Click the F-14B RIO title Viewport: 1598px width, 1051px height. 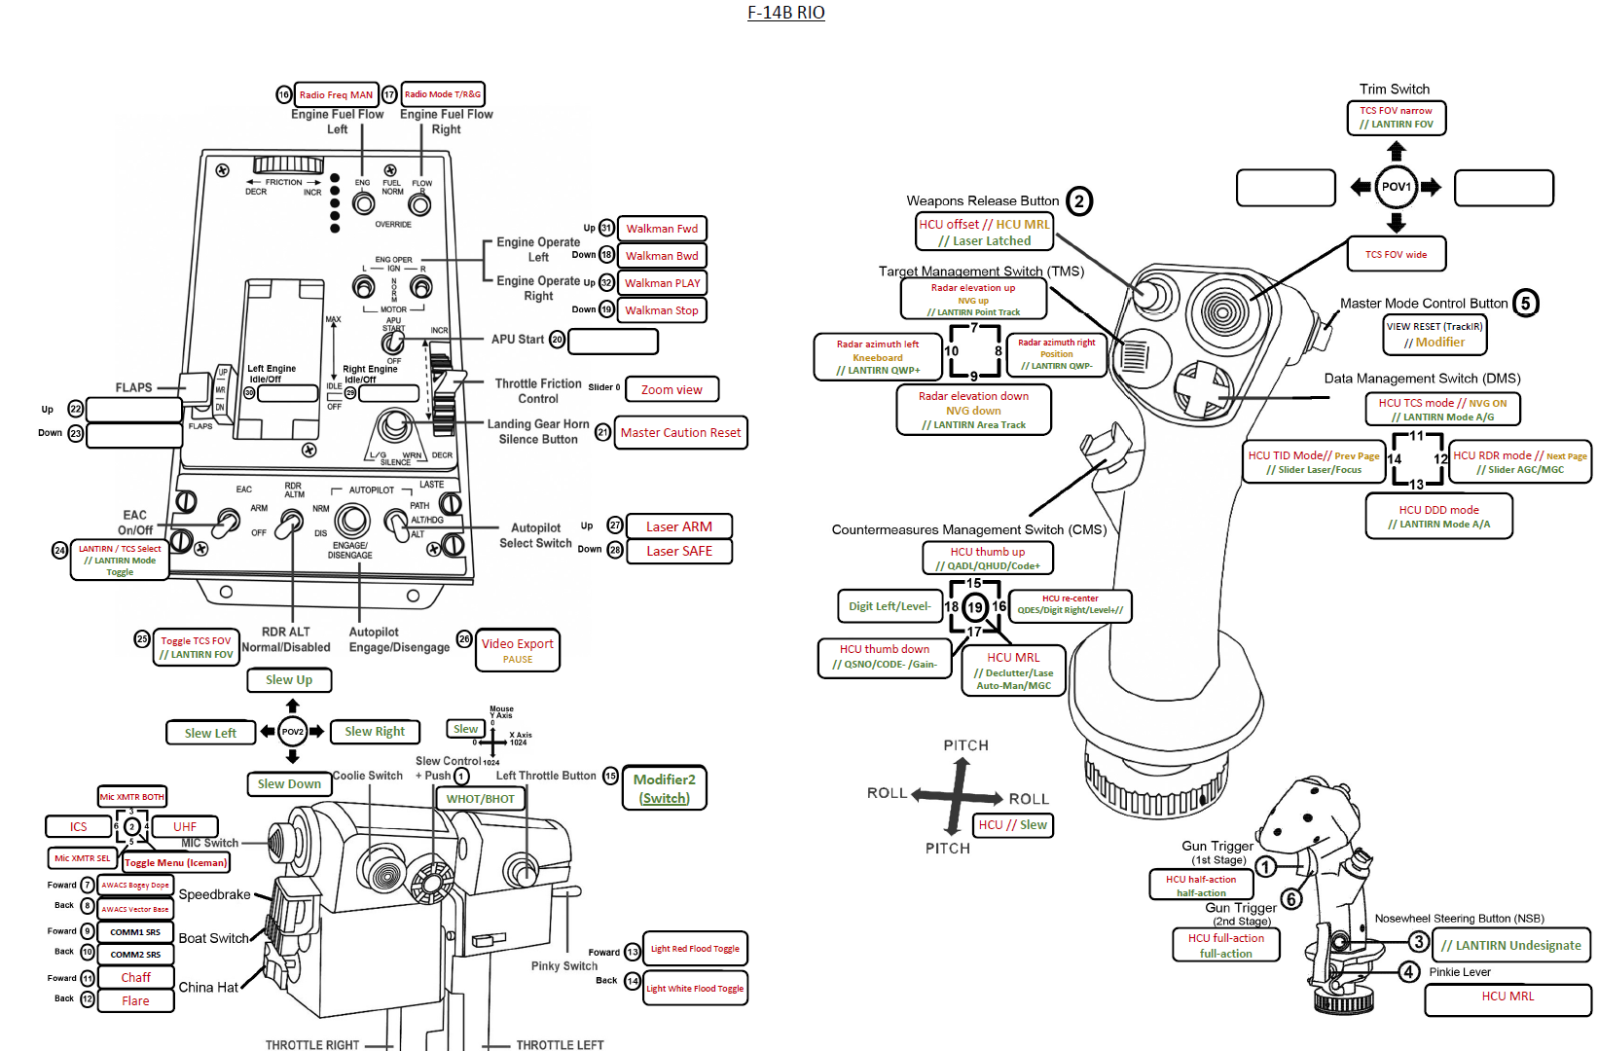[785, 13]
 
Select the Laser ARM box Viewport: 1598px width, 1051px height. [678, 526]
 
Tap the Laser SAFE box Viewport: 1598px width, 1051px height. [678, 552]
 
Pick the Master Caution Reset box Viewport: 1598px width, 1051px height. [680, 433]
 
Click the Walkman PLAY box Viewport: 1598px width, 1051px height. [662, 283]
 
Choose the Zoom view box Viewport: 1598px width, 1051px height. [672, 390]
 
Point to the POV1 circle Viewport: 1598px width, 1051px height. [1396, 187]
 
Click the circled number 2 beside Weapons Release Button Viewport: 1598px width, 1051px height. [1079, 201]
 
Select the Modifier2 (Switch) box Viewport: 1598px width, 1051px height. [664, 788]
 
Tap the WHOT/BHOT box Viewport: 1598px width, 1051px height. [480, 799]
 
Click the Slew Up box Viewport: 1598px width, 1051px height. [289, 680]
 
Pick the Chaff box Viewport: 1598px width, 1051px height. [135, 977]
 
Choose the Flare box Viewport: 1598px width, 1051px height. [135, 1000]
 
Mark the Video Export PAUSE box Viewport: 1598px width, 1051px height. [517, 650]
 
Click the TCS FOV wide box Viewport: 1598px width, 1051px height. [1396, 255]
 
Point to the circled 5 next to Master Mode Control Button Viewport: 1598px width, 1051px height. [1525, 304]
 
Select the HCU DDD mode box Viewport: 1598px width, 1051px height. [1438, 516]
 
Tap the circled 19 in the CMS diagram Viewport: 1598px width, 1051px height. [974, 607]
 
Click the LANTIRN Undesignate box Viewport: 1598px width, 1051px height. [1510, 945]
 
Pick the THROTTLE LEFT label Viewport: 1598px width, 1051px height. [560, 1045]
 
